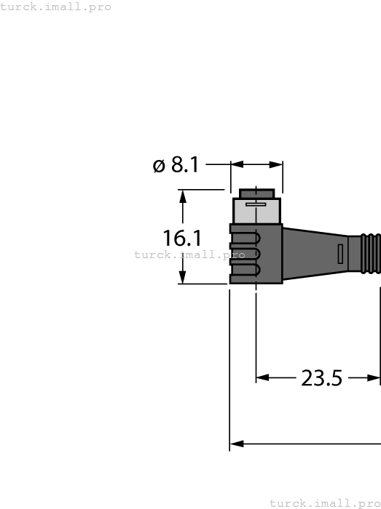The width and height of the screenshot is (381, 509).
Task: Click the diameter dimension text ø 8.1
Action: (176, 165)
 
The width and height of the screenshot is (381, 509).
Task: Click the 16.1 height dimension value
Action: (182, 238)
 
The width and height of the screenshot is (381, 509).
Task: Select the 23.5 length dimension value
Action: (321, 378)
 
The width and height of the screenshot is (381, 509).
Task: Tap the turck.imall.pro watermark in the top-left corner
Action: (56, 7)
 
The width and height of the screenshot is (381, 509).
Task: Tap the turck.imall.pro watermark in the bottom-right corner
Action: (325, 503)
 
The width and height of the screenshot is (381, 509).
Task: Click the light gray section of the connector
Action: (256, 211)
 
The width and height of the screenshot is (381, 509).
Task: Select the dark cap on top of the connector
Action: (256, 193)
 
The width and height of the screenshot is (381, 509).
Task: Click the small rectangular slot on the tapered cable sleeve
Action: (340, 254)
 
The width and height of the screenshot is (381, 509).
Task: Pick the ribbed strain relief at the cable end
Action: (369, 254)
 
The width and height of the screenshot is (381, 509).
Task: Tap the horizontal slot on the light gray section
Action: (256, 205)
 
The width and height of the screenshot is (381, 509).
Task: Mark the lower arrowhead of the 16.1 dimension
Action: (183, 278)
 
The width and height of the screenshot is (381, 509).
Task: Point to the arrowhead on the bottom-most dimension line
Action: (236, 443)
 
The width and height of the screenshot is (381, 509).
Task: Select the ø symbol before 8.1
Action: (159, 166)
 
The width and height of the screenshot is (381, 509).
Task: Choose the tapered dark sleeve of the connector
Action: (313, 254)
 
